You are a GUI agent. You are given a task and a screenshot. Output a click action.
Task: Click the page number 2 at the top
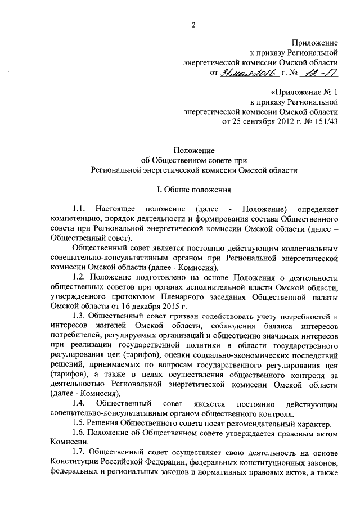pos(193,23)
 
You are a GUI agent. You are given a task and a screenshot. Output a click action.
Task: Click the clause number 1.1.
pos(80,209)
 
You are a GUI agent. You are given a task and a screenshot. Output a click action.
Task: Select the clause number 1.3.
pos(80,317)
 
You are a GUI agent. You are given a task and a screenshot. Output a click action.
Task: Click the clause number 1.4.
pos(80,404)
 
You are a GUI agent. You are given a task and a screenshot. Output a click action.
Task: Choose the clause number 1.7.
pos(80,453)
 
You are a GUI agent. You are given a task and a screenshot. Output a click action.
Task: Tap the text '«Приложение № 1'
pos(304,92)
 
